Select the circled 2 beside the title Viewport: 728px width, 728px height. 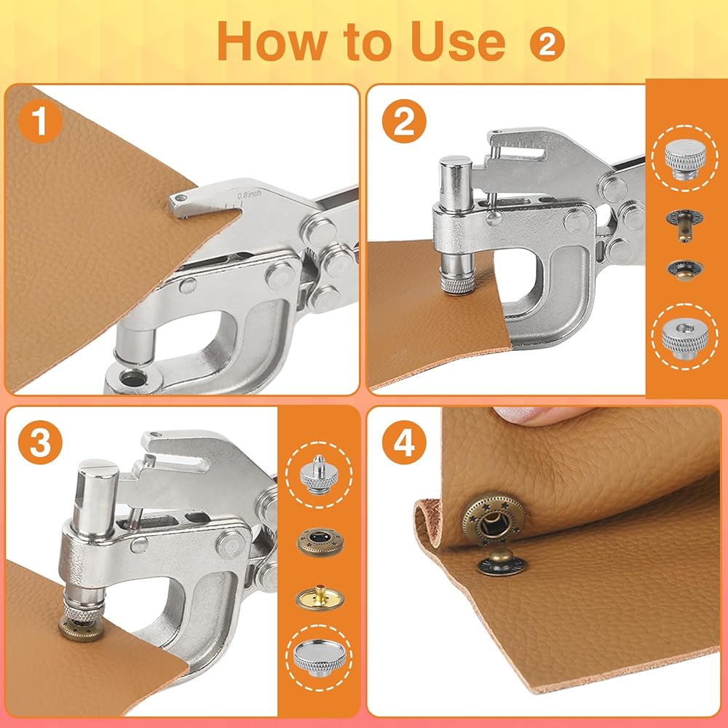(547, 44)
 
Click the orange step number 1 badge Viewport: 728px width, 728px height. (40, 121)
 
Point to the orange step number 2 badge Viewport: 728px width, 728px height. (404, 121)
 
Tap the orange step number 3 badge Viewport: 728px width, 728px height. (40, 443)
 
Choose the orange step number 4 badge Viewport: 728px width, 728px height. (404, 443)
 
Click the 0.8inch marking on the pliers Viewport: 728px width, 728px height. (249, 194)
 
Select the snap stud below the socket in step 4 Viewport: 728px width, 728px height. (502, 562)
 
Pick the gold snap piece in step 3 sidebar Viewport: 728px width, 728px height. (320, 598)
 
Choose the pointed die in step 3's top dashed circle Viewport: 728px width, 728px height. (319, 475)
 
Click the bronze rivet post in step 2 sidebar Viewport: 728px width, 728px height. (684, 224)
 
